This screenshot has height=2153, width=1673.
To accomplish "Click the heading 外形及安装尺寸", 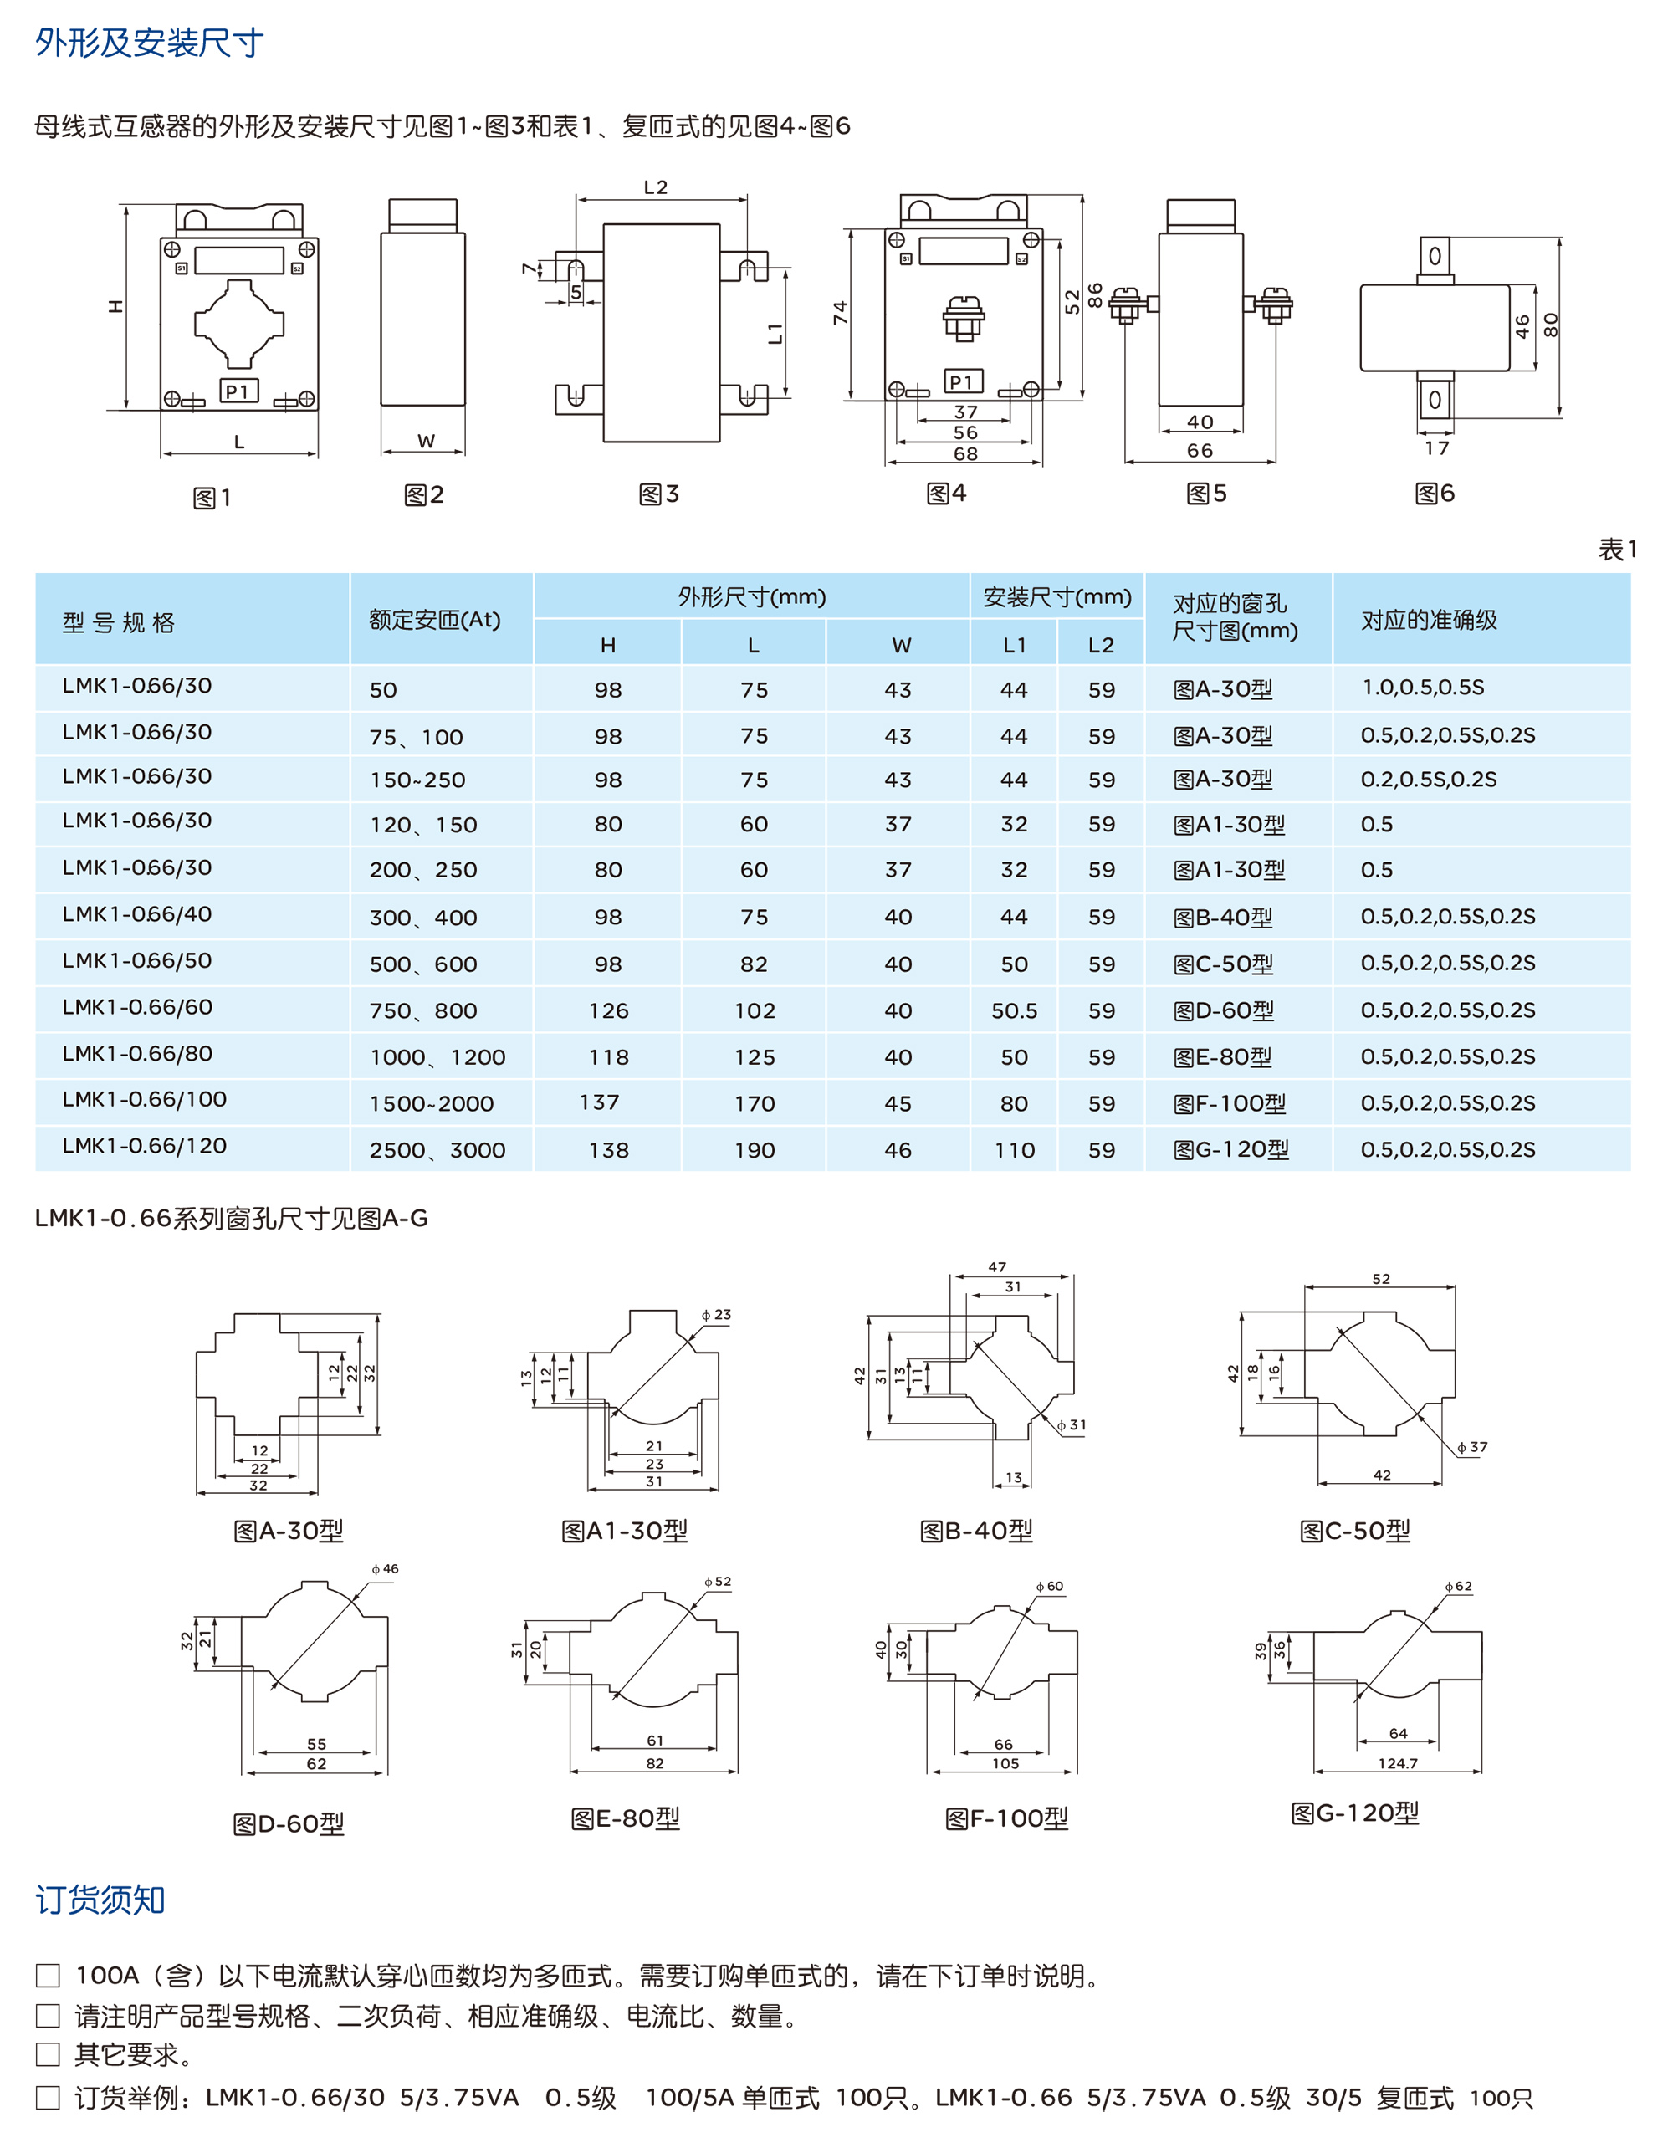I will click(149, 43).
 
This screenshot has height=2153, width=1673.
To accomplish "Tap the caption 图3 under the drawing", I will click(658, 494).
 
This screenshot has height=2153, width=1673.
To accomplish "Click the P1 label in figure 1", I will click(238, 391).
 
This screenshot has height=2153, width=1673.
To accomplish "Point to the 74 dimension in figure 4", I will click(840, 313).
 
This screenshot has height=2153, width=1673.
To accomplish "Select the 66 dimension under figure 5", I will click(1200, 451).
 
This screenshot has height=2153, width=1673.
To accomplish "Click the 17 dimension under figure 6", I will click(1436, 448).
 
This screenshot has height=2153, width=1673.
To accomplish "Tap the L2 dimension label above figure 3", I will click(656, 187).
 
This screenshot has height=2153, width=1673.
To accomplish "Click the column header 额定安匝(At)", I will click(435, 620).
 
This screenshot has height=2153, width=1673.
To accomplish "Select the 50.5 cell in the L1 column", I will click(1014, 1010).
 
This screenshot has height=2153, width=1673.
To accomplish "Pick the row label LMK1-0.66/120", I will click(144, 1146).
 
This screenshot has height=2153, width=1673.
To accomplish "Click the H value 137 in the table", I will click(600, 1102).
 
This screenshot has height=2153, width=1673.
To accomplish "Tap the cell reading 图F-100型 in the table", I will click(1230, 1103).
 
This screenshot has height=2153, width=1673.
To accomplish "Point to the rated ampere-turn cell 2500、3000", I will click(437, 1150).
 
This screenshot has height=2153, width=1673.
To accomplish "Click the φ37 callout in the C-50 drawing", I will click(1472, 1447).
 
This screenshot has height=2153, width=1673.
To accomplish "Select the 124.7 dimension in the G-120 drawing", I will click(1398, 1762).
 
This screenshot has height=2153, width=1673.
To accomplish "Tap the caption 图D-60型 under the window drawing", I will click(289, 1825).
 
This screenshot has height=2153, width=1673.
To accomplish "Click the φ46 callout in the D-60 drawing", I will click(386, 1569).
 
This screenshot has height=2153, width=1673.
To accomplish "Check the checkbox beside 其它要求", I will click(48, 2055).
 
